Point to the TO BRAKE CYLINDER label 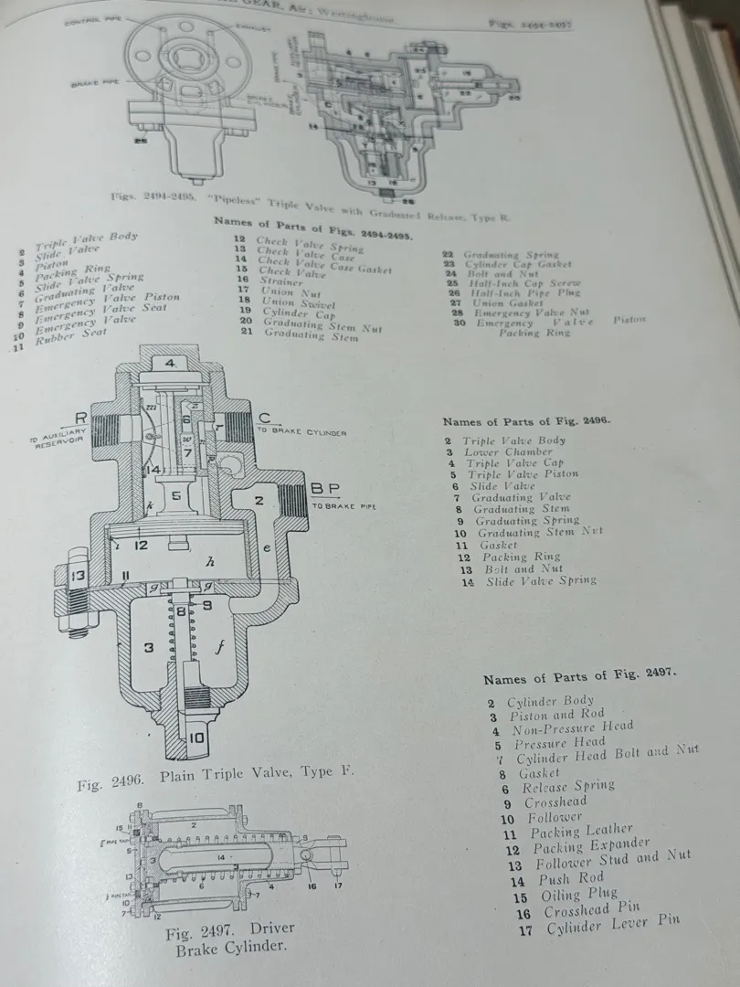click(301, 431)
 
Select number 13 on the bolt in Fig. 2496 click(78, 576)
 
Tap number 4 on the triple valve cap click(170, 363)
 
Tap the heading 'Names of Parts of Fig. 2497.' click(579, 677)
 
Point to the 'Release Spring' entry click(568, 786)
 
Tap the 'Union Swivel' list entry click(299, 303)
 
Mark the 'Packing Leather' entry click(581, 832)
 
